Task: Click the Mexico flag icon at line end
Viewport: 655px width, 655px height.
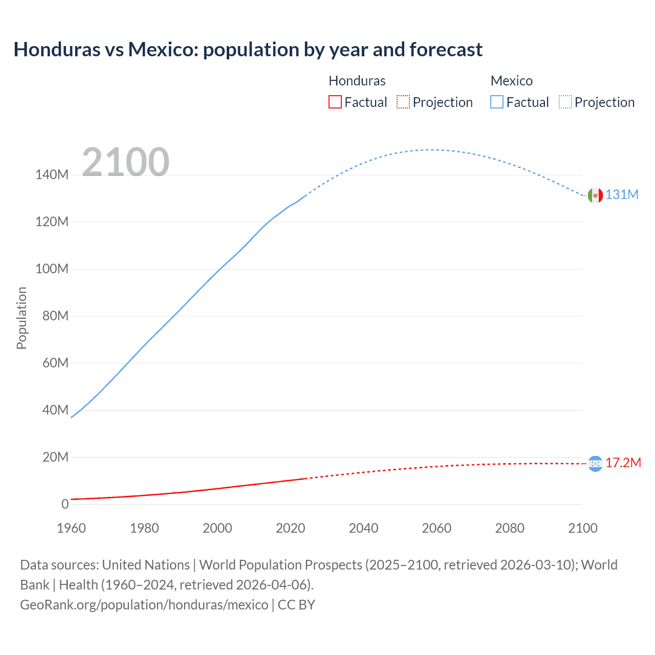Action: click(x=595, y=195)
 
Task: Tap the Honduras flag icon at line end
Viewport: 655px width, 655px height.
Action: click(x=595, y=464)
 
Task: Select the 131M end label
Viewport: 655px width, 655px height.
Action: click(x=622, y=194)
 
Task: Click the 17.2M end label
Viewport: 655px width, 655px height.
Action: click(x=623, y=463)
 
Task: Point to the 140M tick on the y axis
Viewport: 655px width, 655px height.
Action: click(x=52, y=175)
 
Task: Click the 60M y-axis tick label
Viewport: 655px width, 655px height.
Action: click(x=55, y=363)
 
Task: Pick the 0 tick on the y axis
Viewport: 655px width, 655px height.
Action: click(x=65, y=504)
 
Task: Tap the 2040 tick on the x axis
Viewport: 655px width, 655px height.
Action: click(x=363, y=528)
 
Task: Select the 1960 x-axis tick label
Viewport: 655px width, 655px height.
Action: click(x=71, y=528)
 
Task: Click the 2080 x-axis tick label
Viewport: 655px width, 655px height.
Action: click(x=510, y=528)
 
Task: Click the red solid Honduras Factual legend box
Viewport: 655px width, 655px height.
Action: click(x=335, y=102)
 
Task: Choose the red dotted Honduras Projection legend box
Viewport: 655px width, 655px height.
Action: click(x=403, y=102)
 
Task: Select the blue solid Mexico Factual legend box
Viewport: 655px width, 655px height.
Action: click(x=497, y=102)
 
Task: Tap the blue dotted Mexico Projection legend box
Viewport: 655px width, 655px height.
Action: click(x=565, y=102)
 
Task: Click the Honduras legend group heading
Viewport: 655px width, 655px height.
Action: click(x=357, y=81)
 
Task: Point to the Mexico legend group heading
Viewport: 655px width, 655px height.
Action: click(x=512, y=81)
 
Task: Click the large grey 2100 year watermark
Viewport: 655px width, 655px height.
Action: click(x=125, y=162)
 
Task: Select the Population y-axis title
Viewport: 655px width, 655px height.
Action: click(x=21, y=318)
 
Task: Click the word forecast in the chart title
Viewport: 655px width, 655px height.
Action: click(x=446, y=50)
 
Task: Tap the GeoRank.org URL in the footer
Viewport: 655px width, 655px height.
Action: click(x=144, y=605)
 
